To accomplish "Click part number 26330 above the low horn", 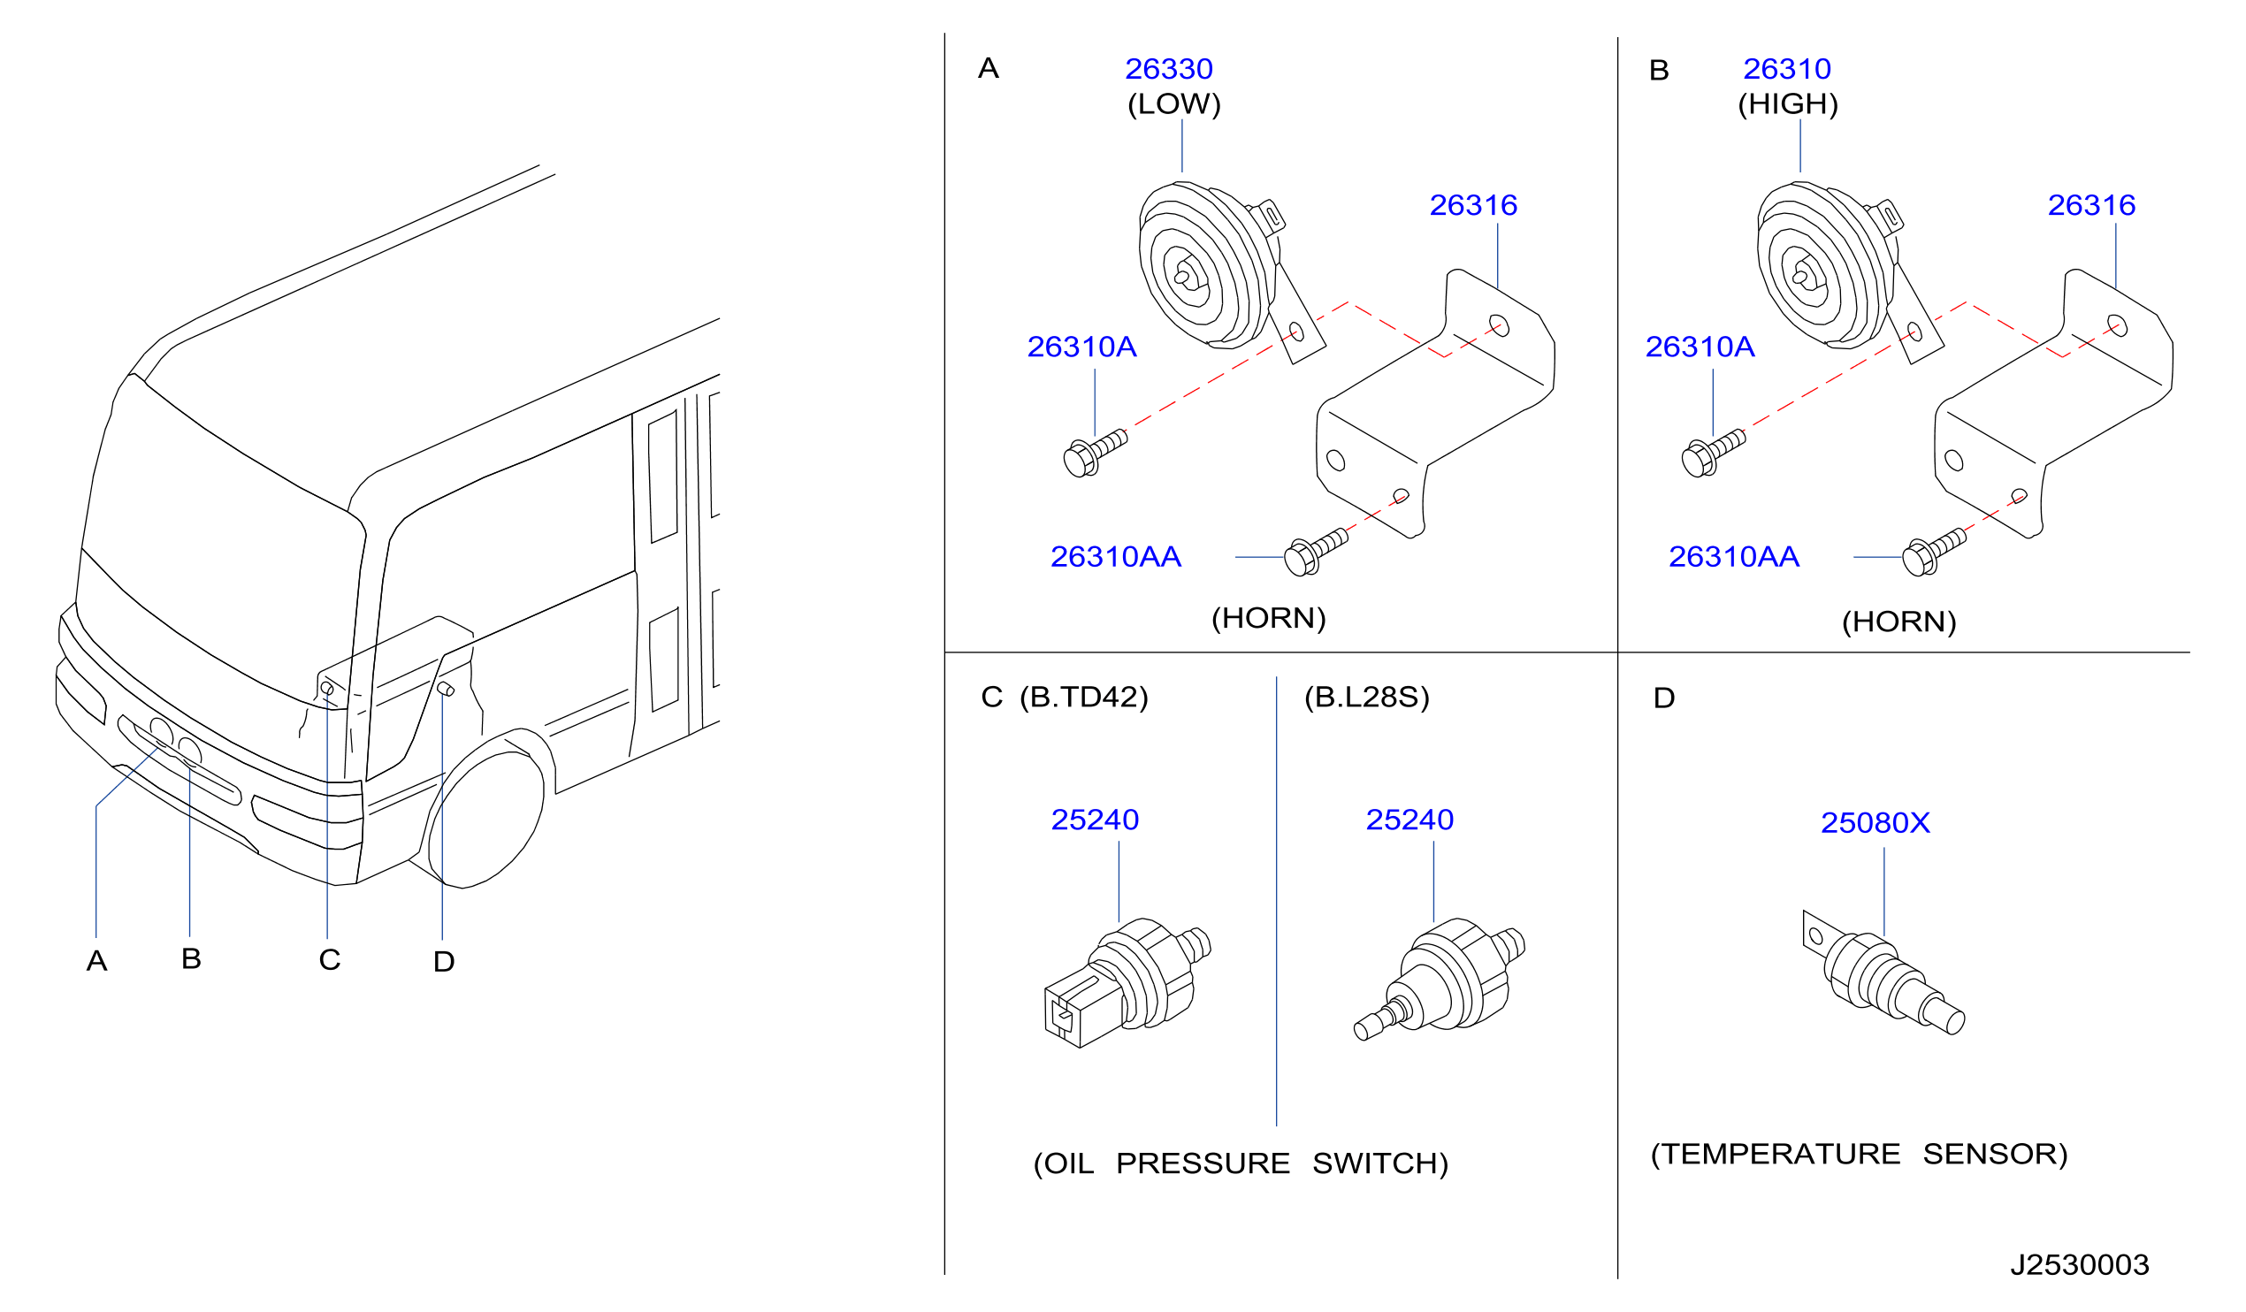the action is coord(1168,69).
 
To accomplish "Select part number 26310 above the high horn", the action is coord(1787,69).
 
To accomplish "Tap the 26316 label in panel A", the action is coord(1473,205).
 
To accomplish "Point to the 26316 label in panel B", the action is coord(2092,205).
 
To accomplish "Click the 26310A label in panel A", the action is coord(1082,347).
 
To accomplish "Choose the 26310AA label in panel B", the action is coord(1734,557).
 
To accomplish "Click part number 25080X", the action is coord(1875,823).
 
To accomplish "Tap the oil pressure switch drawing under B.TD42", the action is coord(1127,984).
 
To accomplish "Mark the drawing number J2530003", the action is coord(2081,1265).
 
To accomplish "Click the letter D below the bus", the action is coord(444,962).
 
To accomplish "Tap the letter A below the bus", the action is coord(97,961).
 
